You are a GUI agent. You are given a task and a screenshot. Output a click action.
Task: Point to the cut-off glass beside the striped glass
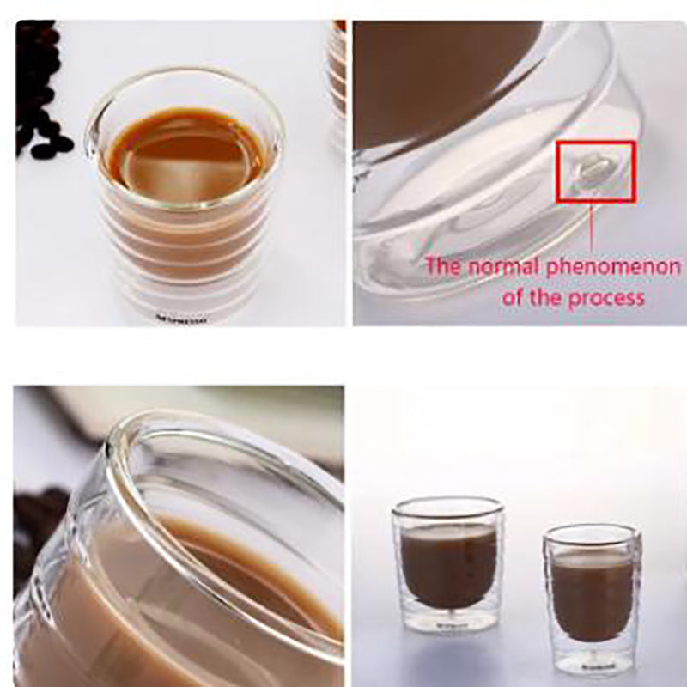pos(338,77)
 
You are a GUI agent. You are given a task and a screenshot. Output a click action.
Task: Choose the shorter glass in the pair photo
pos(593,597)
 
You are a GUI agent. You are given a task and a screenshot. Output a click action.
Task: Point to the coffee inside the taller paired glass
pos(449,562)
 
